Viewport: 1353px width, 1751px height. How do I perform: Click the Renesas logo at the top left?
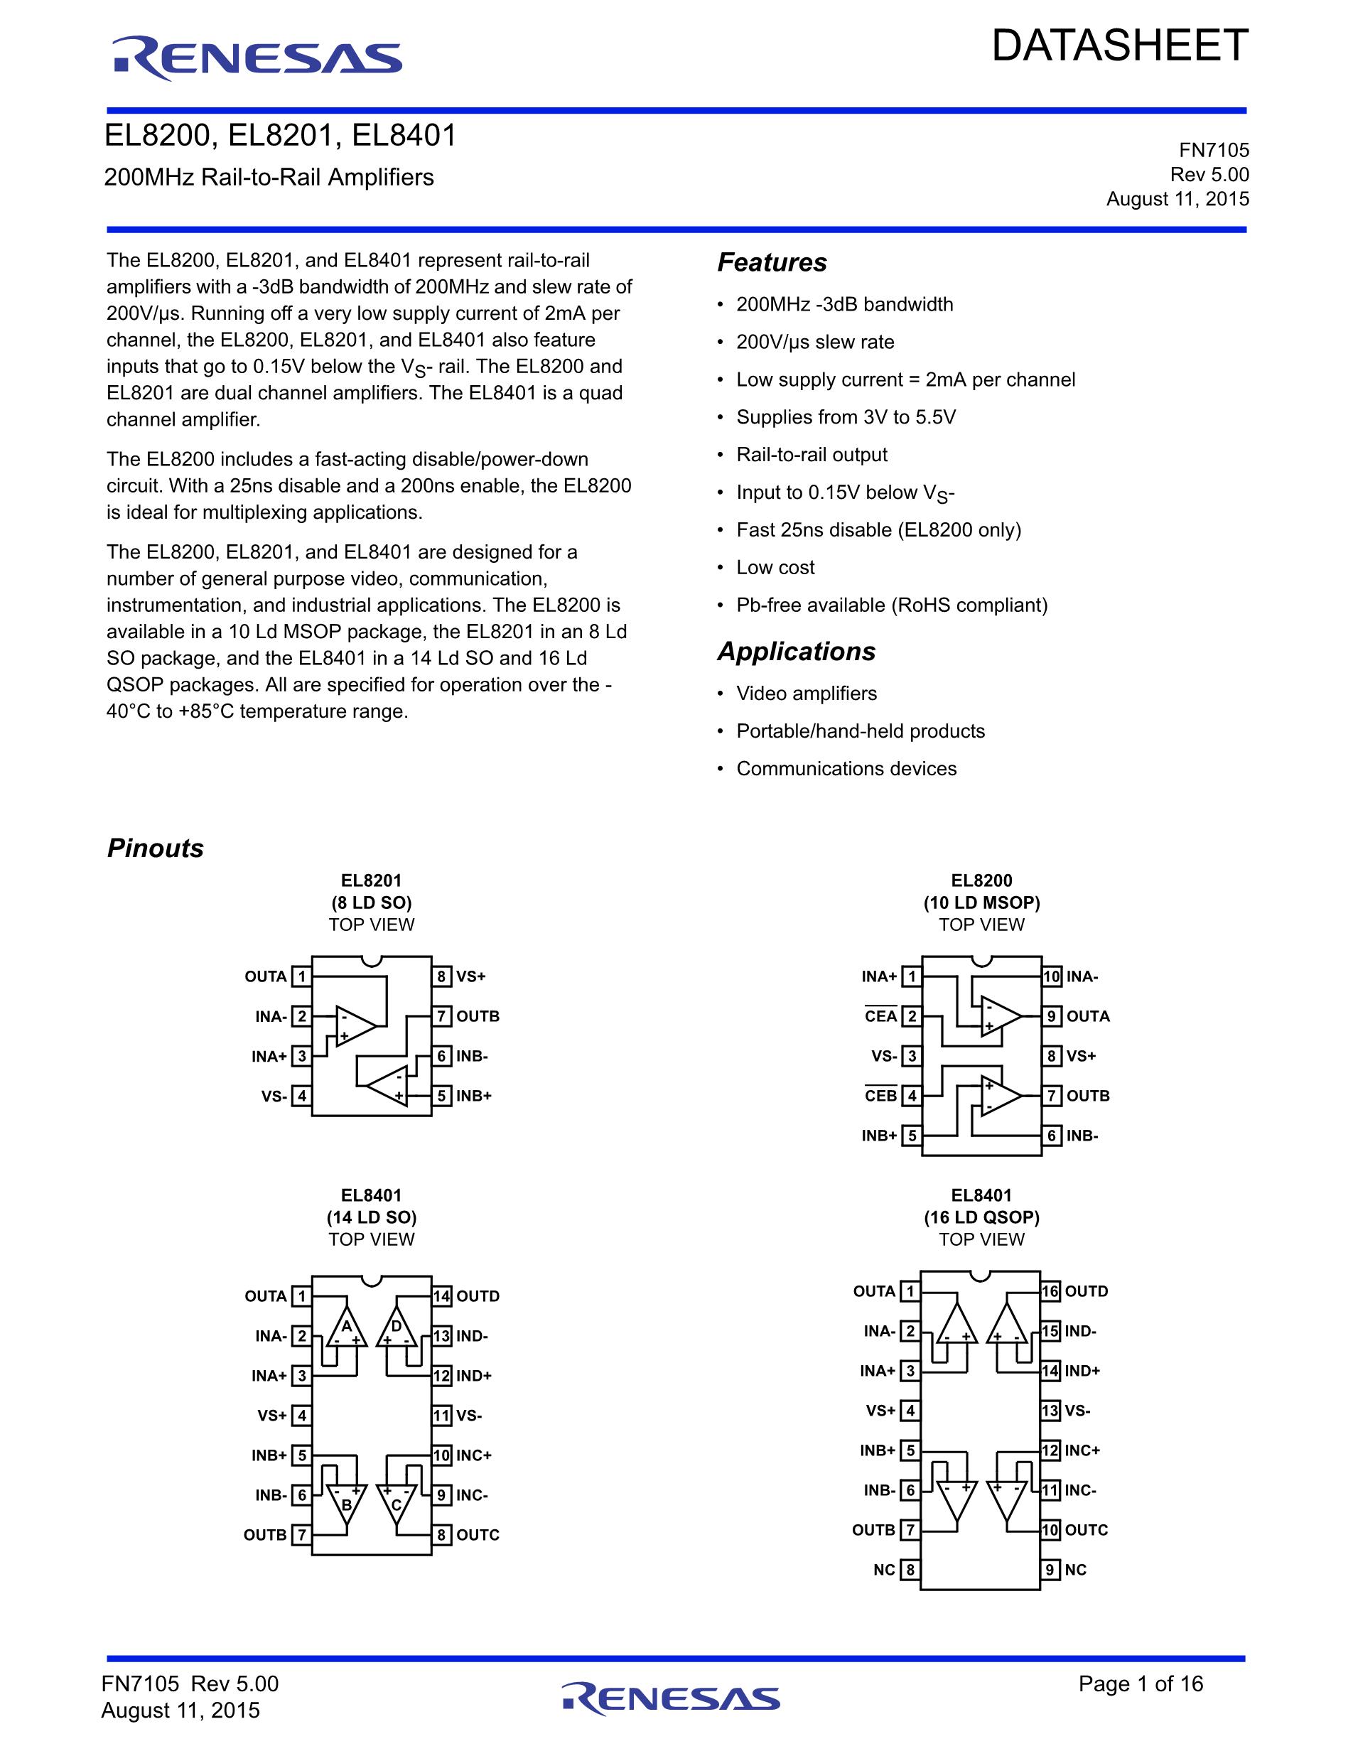(x=257, y=58)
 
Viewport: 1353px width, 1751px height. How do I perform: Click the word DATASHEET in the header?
(x=1120, y=45)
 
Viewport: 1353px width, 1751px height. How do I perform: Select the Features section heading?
(x=772, y=263)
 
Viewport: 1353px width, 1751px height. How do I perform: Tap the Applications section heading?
(x=796, y=652)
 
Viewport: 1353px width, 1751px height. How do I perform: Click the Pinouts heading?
(x=156, y=848)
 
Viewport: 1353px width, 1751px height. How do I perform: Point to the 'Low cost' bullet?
(x=775, y=568)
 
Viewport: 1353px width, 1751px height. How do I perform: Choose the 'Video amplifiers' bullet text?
(x=807, y=694)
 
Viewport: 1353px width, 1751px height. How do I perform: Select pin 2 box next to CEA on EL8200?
(x=911, y=1017)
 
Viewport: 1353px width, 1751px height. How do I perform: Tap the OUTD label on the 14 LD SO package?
(x=478, y=1296)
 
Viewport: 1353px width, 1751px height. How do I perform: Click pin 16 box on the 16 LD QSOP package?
(x=1050, y=1292)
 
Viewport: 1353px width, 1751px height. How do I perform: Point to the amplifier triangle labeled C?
(x=396, y=1504)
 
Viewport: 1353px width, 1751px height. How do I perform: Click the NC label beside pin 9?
(x=1076, y=1570)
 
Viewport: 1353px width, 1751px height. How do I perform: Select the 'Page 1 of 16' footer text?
(x=1141, y=1683)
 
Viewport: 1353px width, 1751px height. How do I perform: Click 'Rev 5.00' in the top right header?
(x=1209, y=175)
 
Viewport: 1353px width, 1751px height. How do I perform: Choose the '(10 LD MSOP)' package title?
(x=981, y=903)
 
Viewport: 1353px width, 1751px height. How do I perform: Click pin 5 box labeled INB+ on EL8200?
(x=911, y=1136)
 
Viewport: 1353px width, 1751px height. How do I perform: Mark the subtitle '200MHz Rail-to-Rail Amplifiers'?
(x=269, y=177)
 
